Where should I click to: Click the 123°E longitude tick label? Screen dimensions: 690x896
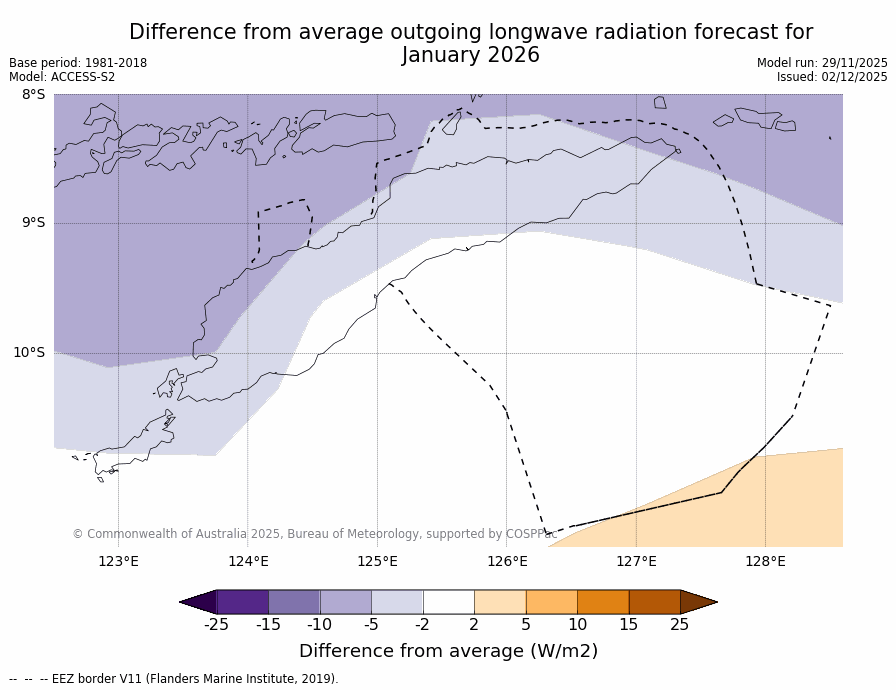tap(118, 561)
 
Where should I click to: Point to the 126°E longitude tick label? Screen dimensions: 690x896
tap(507, 561)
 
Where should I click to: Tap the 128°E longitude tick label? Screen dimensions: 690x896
tap(765, 561)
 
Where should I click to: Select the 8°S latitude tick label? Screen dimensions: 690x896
tap(33, 95)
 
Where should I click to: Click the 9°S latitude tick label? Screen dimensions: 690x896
tap(33, 223)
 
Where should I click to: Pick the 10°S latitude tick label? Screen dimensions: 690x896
tap(29, 352)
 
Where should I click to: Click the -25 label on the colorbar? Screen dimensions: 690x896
tap(216, 625)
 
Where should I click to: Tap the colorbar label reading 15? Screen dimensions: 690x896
tap(628, 625)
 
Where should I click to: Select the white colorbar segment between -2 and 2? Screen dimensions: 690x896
tap(448, 602)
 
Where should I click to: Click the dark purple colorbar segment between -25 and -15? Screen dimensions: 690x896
tap(242, 602)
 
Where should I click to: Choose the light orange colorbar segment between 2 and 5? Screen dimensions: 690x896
tap(500, 602)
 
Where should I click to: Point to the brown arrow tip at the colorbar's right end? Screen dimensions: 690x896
tap(700, 602)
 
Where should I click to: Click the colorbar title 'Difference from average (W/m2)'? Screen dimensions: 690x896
tap(448, 651)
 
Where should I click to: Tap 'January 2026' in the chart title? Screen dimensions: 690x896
tap(471, 56)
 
